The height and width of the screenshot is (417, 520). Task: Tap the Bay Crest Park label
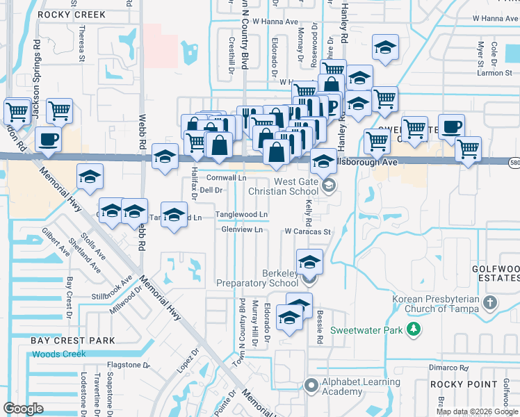tap(72, 341)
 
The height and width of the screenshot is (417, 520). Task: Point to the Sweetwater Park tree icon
tap(414, 328)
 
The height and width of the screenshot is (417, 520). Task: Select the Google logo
tap(23, 408)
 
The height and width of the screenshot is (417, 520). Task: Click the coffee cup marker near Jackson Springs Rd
tap(48, 139)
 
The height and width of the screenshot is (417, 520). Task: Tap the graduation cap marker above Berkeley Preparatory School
tap(309, 262)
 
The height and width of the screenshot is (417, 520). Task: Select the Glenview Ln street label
tap(241, 229)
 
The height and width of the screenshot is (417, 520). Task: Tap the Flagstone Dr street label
tap(128, 364)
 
